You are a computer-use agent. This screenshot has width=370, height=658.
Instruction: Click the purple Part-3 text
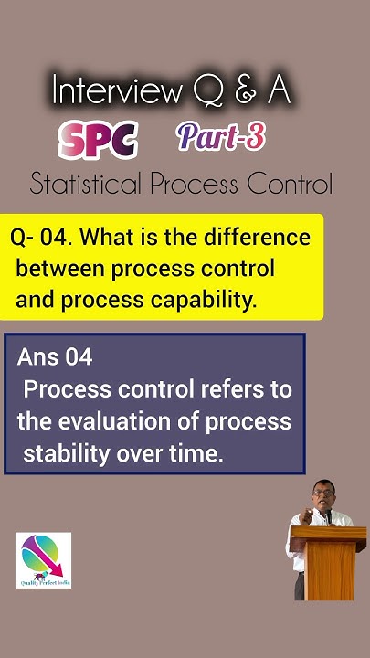tap(221, 136)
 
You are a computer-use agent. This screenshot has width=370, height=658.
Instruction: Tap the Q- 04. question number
tap(42, 238)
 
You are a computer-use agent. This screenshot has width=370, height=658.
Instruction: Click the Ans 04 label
tap(55, 357)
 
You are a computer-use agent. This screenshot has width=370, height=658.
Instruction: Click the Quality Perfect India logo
tap(43, 560)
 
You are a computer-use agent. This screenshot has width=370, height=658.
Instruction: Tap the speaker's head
tap(321, 494)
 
